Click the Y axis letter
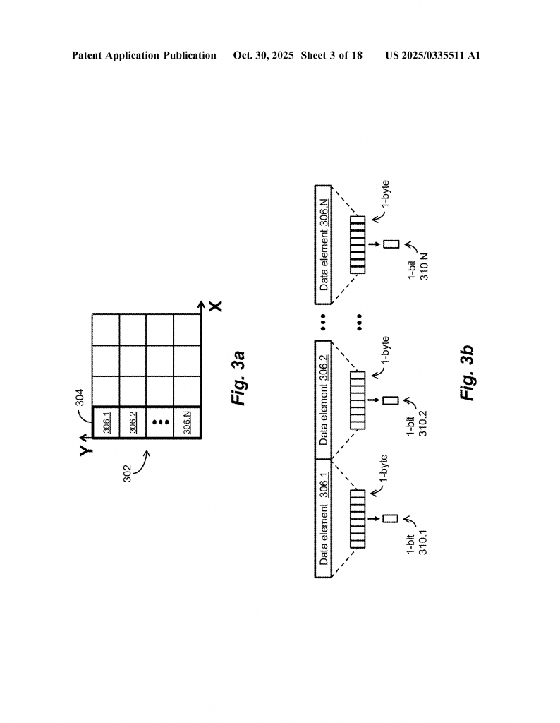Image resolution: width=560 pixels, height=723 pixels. click(x=85, y=450)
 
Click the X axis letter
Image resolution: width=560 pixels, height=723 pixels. click(x=216, y=306)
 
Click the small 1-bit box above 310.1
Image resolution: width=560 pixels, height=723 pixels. click(x=391, y=518)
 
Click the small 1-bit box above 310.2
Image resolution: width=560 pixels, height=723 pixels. click(x=391, y=400)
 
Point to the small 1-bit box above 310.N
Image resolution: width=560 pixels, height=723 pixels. click(x=391, y=244)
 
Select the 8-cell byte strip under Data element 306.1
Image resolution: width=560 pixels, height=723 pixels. click(x=358, y=518)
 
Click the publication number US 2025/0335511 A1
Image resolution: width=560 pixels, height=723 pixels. click(x=432, y=55)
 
